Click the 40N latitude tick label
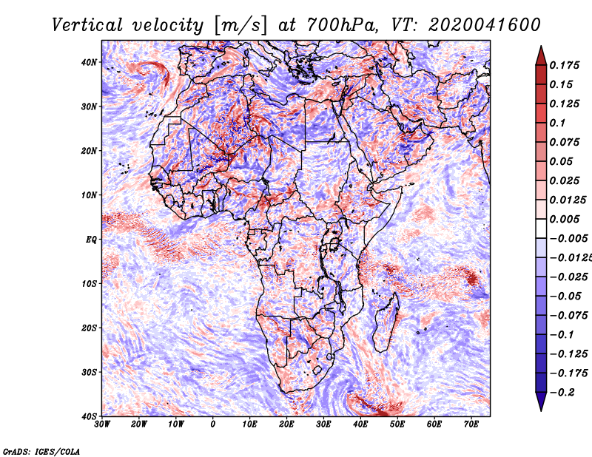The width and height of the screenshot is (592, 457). [x=89, y=62]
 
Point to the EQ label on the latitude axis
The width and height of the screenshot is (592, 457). [x=91, y=240]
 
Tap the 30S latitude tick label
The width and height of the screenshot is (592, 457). [x=89, y=373]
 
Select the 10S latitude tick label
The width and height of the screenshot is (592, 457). [x=89, y=284]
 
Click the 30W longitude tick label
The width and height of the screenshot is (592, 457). [x=102, y=424]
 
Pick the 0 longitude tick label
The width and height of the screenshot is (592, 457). [x=213, y=424]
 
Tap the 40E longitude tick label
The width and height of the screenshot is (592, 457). [x=360, y=424]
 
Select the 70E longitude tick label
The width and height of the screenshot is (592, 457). [x=471, y=424]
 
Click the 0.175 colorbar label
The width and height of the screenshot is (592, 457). [x=564, y=66]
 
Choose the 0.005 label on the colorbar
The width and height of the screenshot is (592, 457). [x=564, y=219]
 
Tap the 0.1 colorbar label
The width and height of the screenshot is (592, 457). [x=557, y=123]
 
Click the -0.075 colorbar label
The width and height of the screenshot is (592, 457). [x=568, y=316]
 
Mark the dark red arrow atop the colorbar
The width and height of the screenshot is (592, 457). [x=541, y=55]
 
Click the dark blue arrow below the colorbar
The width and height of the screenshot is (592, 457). [x=541, y=402]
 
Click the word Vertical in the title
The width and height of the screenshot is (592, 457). [x=87, y=25]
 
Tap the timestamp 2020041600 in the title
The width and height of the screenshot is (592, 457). [x=485, y=25]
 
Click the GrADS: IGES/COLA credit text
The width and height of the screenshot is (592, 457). [x=41, y=451]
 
